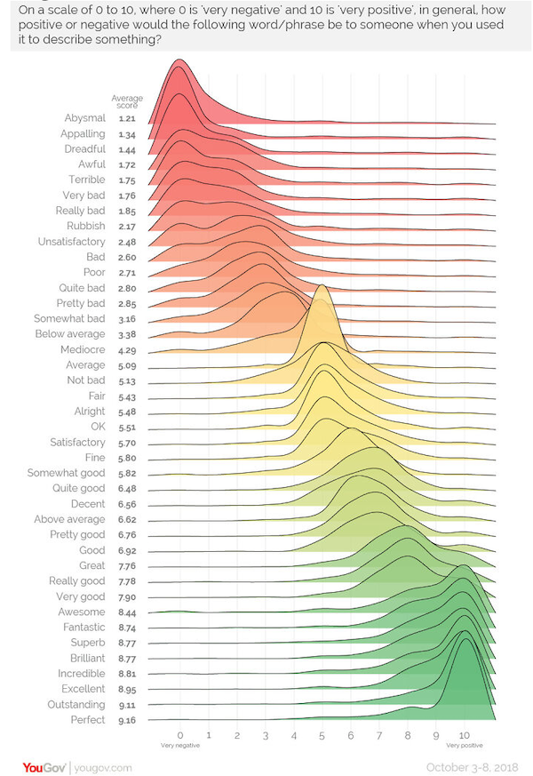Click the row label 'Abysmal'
tap(84, 118)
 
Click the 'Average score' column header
tap(125, 101)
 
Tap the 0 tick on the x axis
tap(180, 736)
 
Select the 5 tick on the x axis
tap(322, 736)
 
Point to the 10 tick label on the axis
tap(464, 736)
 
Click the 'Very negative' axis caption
tap(180, 747)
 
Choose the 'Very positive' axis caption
tap(464, 747)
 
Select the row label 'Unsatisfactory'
tap(71, 242)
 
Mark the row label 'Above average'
tap(69, 519)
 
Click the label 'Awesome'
tap(82, 612)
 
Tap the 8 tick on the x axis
tap(407, 736)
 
